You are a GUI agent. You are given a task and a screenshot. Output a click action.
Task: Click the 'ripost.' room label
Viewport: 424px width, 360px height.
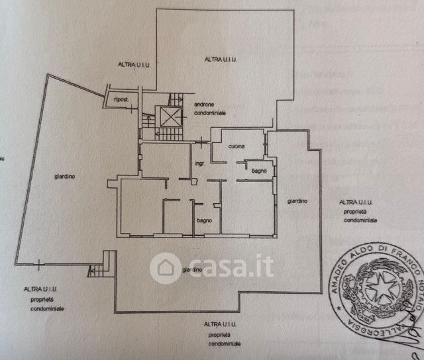pyautogui.click(x=121, y=99)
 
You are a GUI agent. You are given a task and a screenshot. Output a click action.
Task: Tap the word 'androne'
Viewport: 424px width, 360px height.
pyautogui.click(x=205, y=105)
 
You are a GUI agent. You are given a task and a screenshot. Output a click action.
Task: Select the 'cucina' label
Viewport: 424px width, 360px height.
pyautogui.click(x=237, y=146)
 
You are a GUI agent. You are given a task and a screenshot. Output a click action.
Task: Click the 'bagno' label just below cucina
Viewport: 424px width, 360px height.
pyautogui.click(x=259, y=171)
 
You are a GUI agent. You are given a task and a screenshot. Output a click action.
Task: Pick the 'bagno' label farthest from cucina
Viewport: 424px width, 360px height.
pyautogui.click(x=203, y=220)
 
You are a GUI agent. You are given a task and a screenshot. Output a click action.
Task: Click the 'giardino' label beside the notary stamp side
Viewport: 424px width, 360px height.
pyautogui.click(x=297, y=201)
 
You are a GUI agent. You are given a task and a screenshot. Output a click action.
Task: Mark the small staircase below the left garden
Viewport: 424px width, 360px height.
pyautogui.click(x=97, y=269)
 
